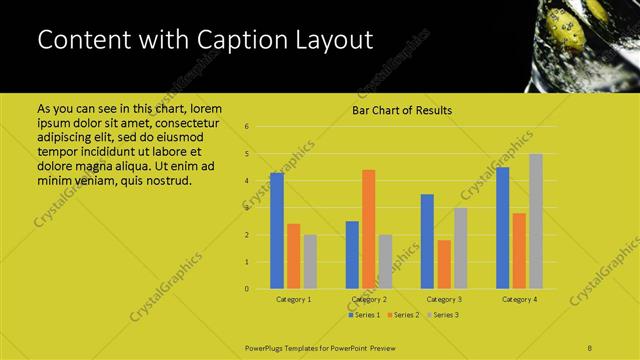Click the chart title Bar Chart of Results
[x=401, y=110]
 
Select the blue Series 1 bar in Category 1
[x=277, y=230]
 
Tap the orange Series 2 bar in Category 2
[x=369, y=229]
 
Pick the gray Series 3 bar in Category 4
[x=536, y=221]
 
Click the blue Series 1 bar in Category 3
[x=427, y=241]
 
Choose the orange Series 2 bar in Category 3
[x=444, y=264]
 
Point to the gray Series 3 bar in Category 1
[x=310, y=261]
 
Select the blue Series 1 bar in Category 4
[x=502, y=227]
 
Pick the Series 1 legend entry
[x=364, y=315]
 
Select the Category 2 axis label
[x=369, y=299]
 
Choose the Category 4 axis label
[x=519, y=299]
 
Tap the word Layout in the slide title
[x=330, y=41]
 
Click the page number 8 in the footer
[x=590, y=346]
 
